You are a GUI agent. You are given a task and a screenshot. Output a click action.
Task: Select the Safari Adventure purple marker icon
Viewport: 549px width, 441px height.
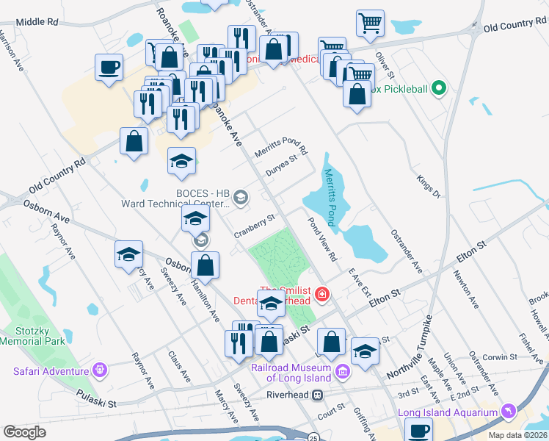103,369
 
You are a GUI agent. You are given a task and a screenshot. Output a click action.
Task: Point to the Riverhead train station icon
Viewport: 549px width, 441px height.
318,395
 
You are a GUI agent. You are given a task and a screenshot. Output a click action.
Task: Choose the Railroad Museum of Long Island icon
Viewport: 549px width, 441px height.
341,373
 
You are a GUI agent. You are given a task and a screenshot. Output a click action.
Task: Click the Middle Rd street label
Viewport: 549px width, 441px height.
36,22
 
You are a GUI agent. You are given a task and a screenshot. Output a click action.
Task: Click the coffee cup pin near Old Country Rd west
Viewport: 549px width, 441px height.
109,68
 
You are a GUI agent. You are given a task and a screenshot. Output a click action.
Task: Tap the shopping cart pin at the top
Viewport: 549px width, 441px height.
370,23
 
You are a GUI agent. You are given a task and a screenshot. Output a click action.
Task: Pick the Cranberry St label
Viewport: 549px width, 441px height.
254,225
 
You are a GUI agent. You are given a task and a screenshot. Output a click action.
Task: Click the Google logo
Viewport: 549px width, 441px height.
24,431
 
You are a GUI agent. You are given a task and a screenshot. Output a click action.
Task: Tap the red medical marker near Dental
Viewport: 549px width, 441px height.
321,295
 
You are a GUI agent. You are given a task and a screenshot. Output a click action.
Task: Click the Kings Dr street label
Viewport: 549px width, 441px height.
426,187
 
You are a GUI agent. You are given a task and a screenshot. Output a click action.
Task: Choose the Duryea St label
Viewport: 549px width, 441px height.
282,165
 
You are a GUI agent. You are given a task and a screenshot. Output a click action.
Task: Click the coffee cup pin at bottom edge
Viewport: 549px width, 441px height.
419,431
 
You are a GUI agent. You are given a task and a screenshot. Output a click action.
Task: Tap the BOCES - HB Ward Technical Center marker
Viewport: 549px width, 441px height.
240,197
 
